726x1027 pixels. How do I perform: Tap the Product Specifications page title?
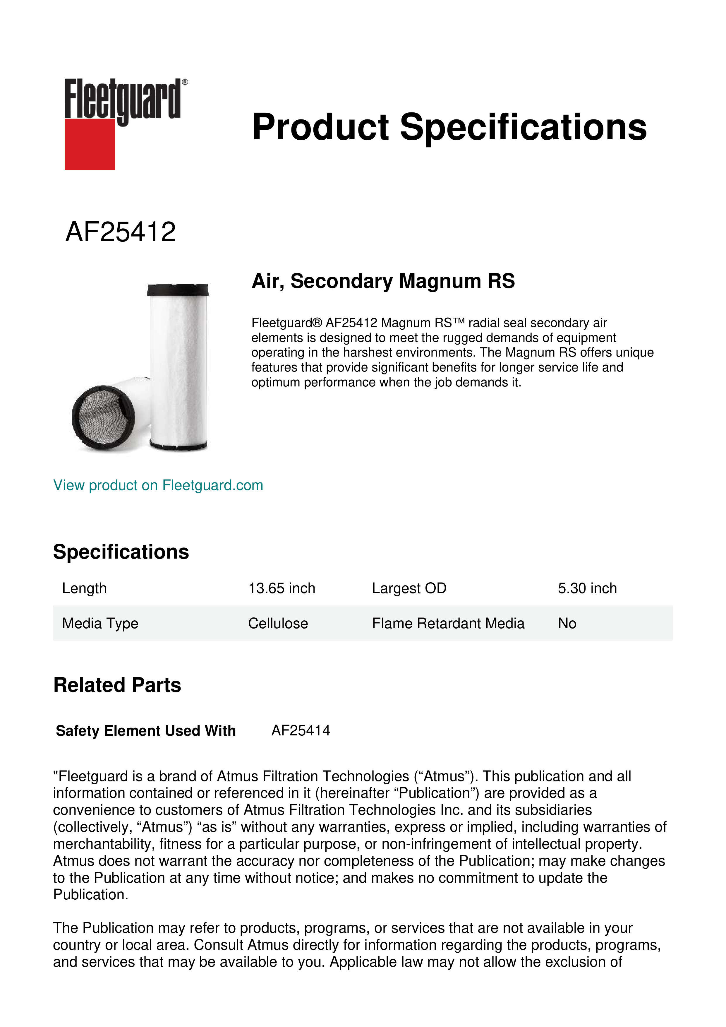[x=449, y=127]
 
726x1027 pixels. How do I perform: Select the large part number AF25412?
[x=121, y=232]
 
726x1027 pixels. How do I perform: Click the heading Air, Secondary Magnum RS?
[x=383, y=281]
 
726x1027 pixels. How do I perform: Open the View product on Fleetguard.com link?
[x=158, y=485]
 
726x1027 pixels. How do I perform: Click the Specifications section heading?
[x=121, y=552]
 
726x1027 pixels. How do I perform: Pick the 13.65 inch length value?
[x=282, y=588]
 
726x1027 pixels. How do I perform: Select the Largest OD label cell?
[x=409, y=588]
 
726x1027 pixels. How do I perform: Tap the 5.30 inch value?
[x=587, y=588]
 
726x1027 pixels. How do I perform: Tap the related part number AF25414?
[x=301, y=730]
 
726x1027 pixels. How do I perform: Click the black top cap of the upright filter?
[x=178, y=290]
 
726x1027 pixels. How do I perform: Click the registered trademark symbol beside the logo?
[x=185, y=82]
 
